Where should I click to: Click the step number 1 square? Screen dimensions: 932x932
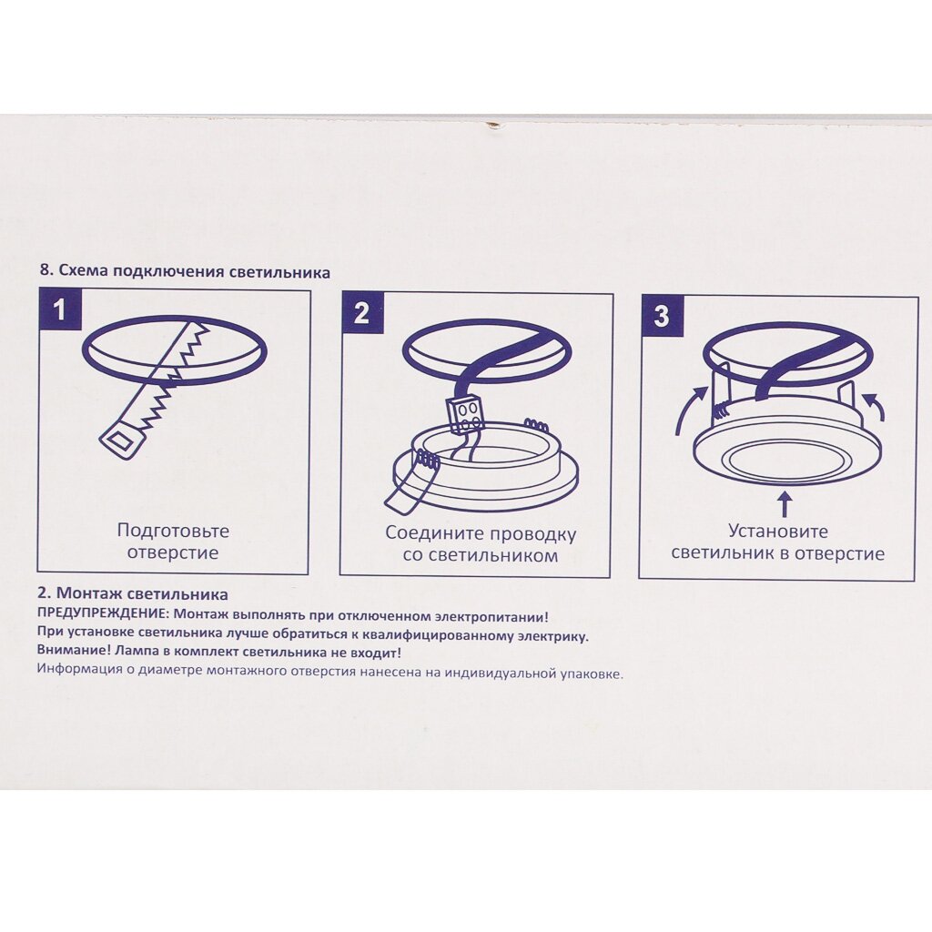point(60,309)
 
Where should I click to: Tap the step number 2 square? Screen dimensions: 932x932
point(362,313)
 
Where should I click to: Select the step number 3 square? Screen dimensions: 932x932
point(662,316)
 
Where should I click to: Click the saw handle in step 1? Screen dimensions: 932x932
point(124,440)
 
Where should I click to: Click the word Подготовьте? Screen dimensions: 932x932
point(173,531)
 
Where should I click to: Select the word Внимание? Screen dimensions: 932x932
point(73,652)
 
